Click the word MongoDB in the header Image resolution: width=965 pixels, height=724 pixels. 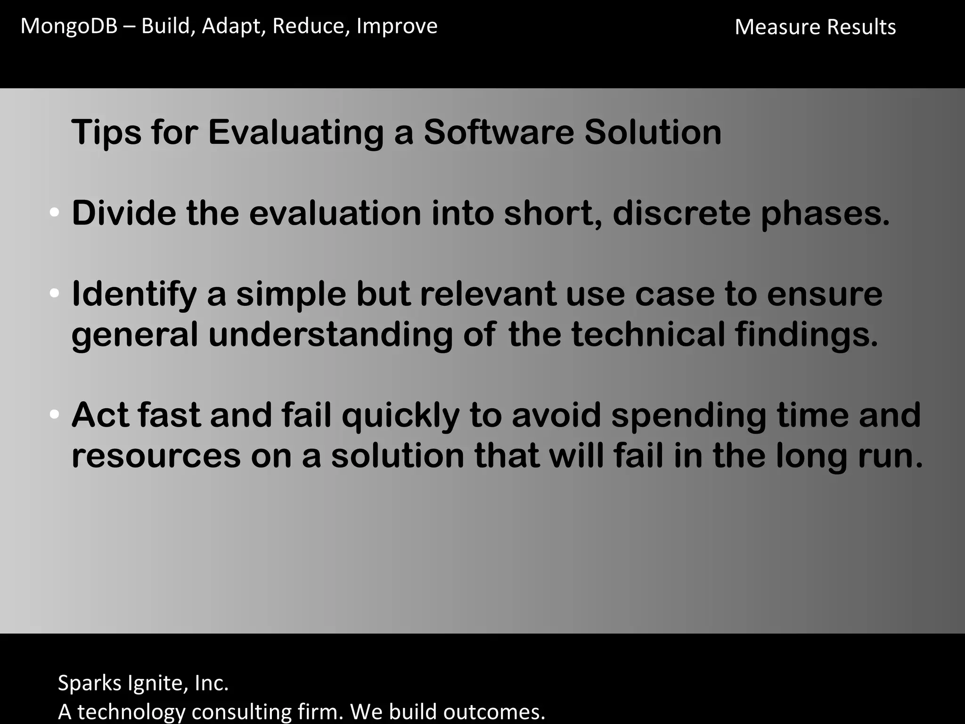tap(69, 26)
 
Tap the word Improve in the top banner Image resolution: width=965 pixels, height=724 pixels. tap(397, 26)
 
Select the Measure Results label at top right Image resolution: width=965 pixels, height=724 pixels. tap(815, 27)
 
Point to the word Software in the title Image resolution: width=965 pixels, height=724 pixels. tap(499, 132)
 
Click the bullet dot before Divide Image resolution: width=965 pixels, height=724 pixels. tap(54, 213)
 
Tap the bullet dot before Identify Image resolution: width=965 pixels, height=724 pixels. tap(54, 294)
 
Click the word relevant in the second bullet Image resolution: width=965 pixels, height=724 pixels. tap(487, 294)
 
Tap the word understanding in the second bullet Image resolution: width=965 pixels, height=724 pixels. tap(330, 335)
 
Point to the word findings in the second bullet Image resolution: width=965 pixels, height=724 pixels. tap(806, 335)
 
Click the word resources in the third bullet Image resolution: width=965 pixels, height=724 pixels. tap(155, 456)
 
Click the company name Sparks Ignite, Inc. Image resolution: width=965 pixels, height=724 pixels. tap(143, 683)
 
